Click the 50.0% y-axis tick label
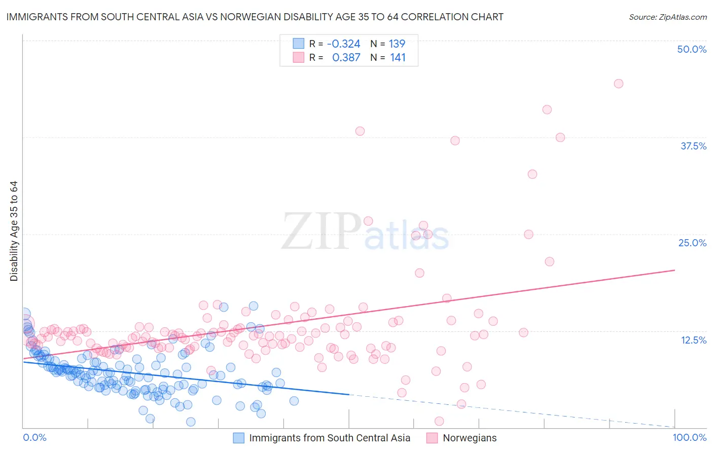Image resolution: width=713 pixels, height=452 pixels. click(x=692, y=49)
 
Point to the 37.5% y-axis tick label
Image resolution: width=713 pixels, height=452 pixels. click(x=693, y=146)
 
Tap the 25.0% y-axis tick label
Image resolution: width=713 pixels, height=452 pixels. click(x=692, y=243)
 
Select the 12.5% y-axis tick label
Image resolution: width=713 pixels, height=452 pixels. click(x=693, y=340)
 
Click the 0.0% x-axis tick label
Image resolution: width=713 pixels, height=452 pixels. click(x=34, y=438)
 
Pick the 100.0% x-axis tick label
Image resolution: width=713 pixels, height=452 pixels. click(x=689, y=438)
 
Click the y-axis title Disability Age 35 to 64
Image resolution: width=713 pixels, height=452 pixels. click(x=14, y=231)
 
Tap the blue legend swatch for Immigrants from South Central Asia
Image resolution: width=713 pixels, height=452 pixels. click(x=239, y=438)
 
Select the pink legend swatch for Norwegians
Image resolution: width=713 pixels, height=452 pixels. click(x=432, y=438)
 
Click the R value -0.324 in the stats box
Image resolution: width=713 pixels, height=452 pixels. click(x=343, y=44)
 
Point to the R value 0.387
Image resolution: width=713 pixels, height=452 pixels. click(x=346, y=58)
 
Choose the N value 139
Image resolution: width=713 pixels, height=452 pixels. click(x=397, y=44)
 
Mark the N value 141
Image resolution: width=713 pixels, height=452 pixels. click(x=398, y=58)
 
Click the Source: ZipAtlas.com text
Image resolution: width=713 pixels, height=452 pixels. click(x=667, y=17)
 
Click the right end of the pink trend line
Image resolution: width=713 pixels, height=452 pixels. click(x=675, y=270)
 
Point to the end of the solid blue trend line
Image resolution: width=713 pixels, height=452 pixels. click(x=349, y=394)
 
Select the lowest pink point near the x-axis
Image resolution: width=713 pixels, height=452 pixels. click(x=439, y=421)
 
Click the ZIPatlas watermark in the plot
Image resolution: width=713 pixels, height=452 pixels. click(x=365, y=232)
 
